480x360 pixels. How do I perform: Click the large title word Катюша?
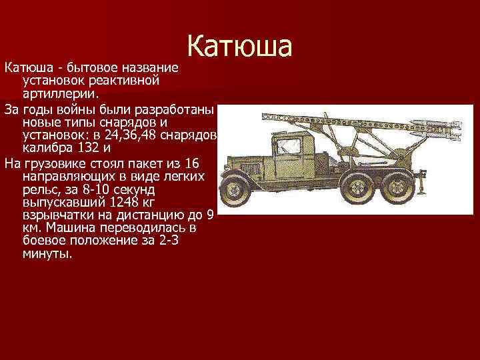pos(239,46)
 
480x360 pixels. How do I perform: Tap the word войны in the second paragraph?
pos(71,108)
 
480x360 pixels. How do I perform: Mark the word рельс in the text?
pos(39,189)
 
